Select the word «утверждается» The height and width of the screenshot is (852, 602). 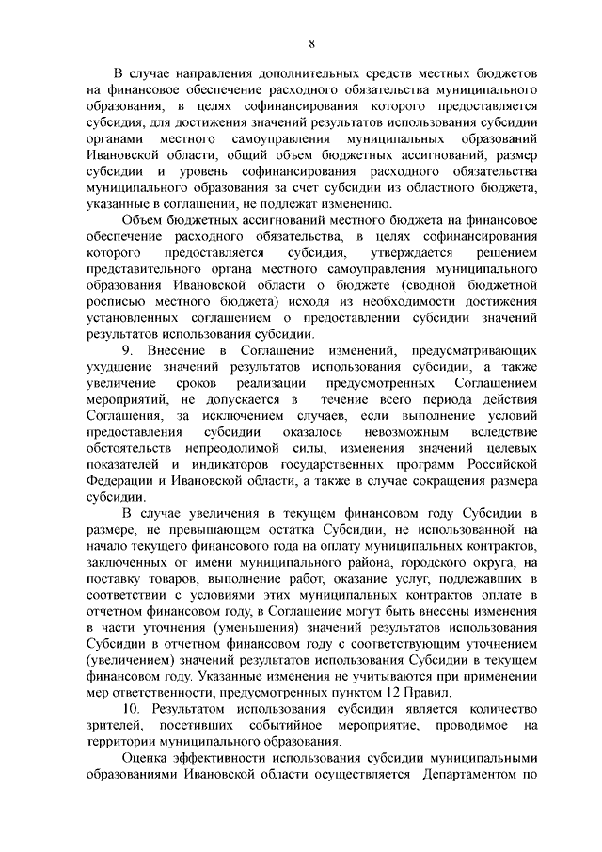[412, 254]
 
